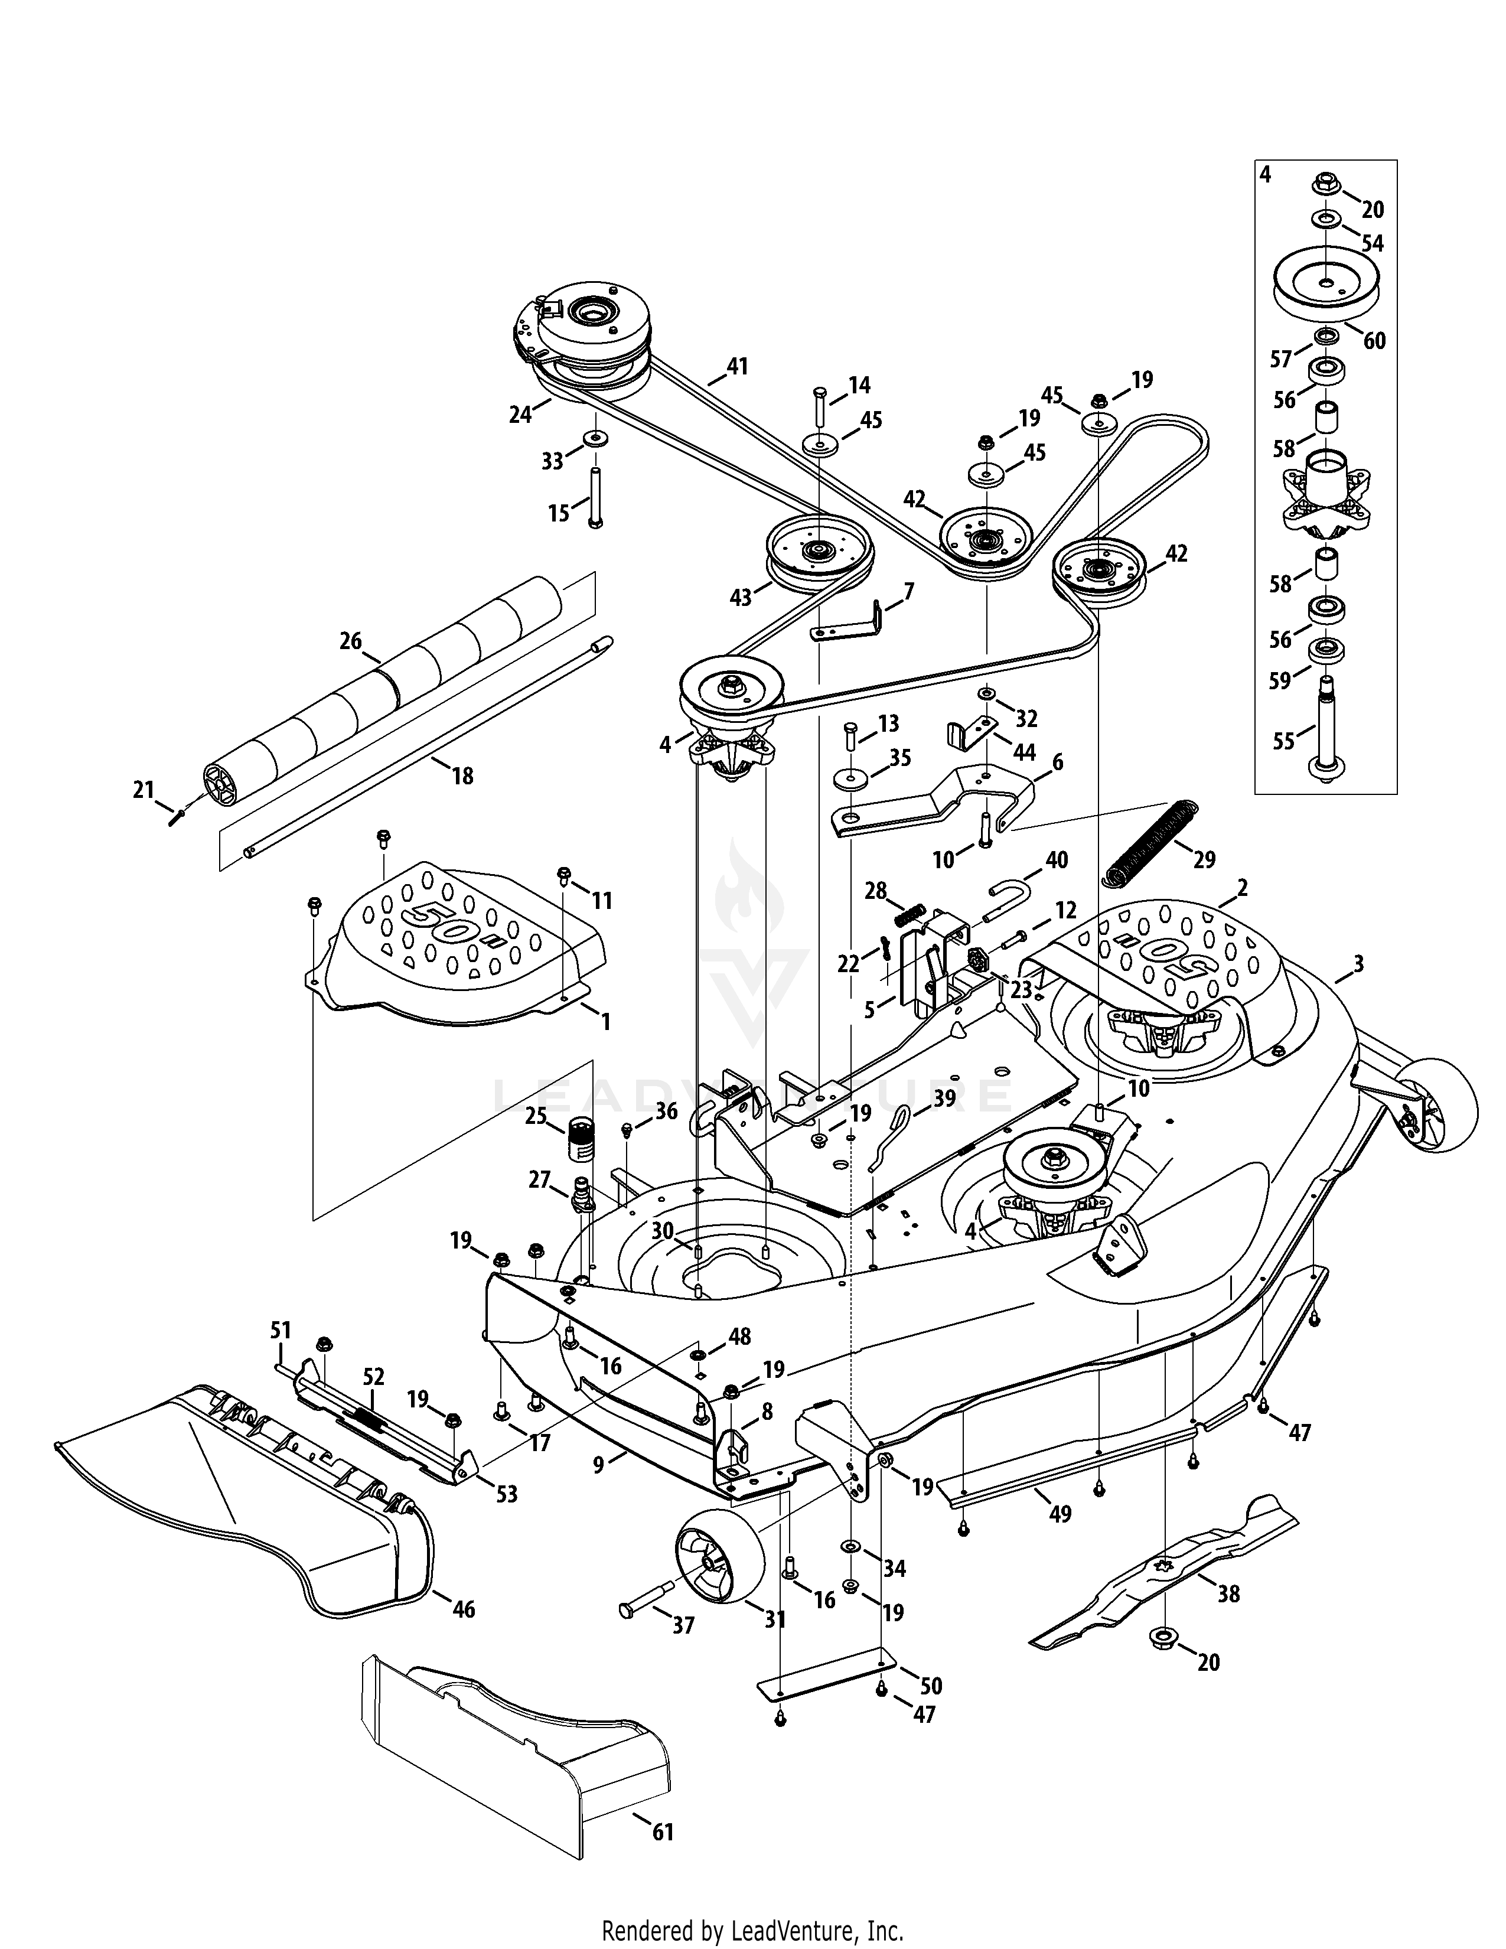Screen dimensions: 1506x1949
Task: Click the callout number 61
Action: pyautogui.click(x=662, y=1833)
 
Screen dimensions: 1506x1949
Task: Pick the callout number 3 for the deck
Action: pyautogui.click(x=1358, y=963)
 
